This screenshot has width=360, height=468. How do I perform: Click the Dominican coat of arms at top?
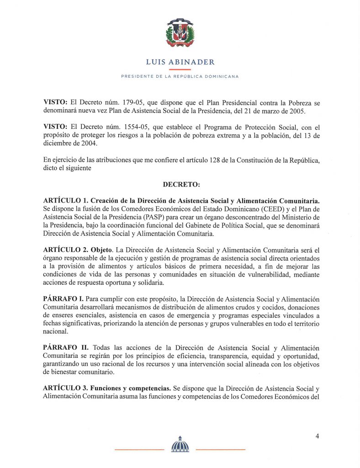tap(180, 32)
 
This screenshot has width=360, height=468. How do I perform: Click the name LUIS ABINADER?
tap(180, 62)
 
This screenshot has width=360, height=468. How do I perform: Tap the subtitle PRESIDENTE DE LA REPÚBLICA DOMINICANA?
tap(180, 76)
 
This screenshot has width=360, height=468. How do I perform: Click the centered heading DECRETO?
tap(180, 184)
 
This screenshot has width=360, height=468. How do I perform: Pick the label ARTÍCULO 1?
tap(65, 201)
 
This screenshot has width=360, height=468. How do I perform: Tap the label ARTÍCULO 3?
tap(65, 388)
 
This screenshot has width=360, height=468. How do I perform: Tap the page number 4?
tap(317, 436)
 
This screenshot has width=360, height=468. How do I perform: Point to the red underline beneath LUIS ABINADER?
tap(180, 69)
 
